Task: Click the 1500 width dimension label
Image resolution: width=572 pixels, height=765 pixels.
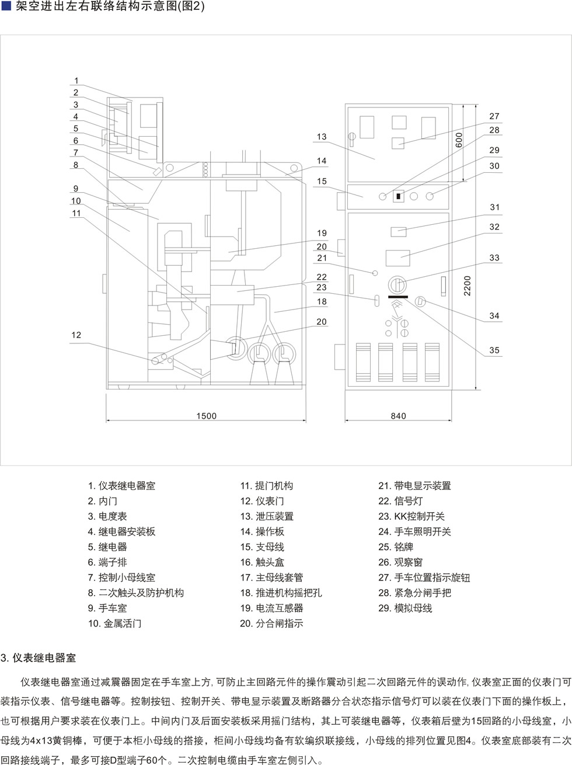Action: pyautogui.click(x=206, y=416)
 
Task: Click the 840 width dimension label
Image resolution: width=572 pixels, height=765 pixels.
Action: pyautogui.click(x=398, y=416)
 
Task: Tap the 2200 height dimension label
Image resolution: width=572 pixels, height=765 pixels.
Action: pyautogui.click(x=467, y=286)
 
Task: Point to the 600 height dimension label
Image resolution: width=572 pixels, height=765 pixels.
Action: pyautogui.click(x=459, y=140)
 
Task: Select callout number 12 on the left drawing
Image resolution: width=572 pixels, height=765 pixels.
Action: pyautogui.click(x=76, y=335)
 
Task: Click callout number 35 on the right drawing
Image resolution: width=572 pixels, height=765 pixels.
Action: pyautogui.click(x=494, y=350)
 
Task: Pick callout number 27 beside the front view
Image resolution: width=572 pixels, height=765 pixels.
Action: pyautogui.click(x=494, y=116)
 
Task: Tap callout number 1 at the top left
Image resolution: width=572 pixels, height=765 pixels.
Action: pyautogui.click(x=76, y=81)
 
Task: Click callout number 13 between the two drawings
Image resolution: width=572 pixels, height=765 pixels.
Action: pyautogui.click(x=322, y=137)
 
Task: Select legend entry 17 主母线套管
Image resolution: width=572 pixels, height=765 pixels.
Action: pyautogui.click(x=271, y=578)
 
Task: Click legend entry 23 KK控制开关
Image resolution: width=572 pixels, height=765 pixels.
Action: pyautogui.click(x=411, y=516)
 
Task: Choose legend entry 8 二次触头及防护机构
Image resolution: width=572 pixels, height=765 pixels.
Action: pyautogui.click(x=135, y=593)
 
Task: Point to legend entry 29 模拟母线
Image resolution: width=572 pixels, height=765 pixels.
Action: pyautogui.click(x=405, y=608)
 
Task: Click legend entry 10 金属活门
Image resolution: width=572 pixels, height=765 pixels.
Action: pyautogui.click(x=114, y=624)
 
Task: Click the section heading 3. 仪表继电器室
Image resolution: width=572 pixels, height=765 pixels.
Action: pyautogui.click(x=38, y=658)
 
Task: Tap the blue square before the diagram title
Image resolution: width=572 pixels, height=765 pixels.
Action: pyautogui.click(x=6, y=6)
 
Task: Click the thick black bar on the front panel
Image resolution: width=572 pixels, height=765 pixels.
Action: pyautogui.click(x=398, y=297)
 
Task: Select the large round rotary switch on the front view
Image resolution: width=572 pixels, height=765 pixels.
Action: pyautogui.click(x=397, y=285)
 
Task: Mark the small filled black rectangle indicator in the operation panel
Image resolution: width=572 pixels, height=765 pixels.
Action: pyautogui.click(x=398, y=196)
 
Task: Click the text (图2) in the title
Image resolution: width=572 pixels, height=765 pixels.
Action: pyautogui.click(x=191, y=6)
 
